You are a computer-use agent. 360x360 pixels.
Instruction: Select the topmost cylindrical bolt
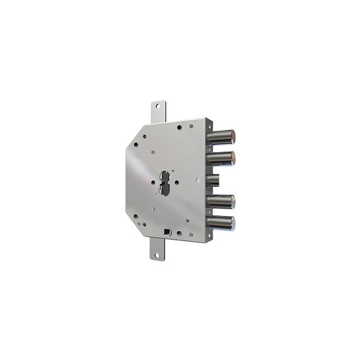coord(220,136)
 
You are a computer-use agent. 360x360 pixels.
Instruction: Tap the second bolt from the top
coord(220,158)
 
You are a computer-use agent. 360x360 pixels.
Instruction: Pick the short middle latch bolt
coord(212,180)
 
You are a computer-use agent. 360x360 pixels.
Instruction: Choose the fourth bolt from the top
coord(220,202)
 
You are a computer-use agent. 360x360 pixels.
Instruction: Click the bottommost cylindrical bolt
coord(220,223)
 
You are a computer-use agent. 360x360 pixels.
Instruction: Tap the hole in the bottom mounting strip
coord(156,255)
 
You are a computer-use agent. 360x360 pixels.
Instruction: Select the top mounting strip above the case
coord(157,112)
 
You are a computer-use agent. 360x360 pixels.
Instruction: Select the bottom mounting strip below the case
coord(157,249)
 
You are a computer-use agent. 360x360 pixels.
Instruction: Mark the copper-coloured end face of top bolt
coord(233,136)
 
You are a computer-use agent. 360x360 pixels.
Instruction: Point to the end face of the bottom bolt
coord(233,223)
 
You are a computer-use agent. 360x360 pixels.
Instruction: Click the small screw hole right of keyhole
coord(177,182)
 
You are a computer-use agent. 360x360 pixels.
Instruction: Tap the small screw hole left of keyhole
coord(154,182)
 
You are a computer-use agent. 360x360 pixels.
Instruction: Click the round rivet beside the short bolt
coord(197,180)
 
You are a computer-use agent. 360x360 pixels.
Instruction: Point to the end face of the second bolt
coord(233,158)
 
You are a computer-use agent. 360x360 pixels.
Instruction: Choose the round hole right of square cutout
coord(179,233)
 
